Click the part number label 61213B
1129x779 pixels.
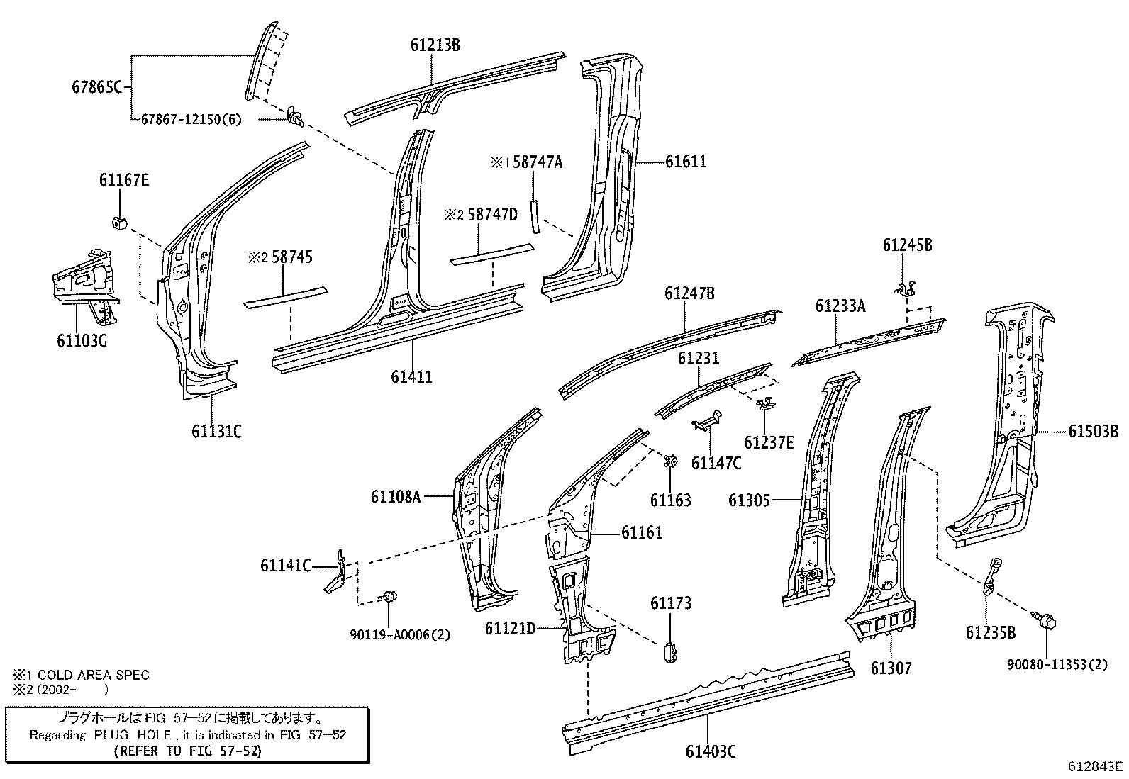point(435,45)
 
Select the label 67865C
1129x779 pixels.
point(97,87)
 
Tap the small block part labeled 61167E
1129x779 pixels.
point(119,223)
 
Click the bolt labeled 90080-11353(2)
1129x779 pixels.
point(1047,624)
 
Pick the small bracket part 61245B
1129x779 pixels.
point(906,288)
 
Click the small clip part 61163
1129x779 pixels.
point(669,461)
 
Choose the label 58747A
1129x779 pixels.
point(537,162)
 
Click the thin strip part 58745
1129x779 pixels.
point(286,297)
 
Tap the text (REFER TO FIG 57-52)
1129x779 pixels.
point(187,751)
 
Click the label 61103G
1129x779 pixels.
point(82,342)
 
